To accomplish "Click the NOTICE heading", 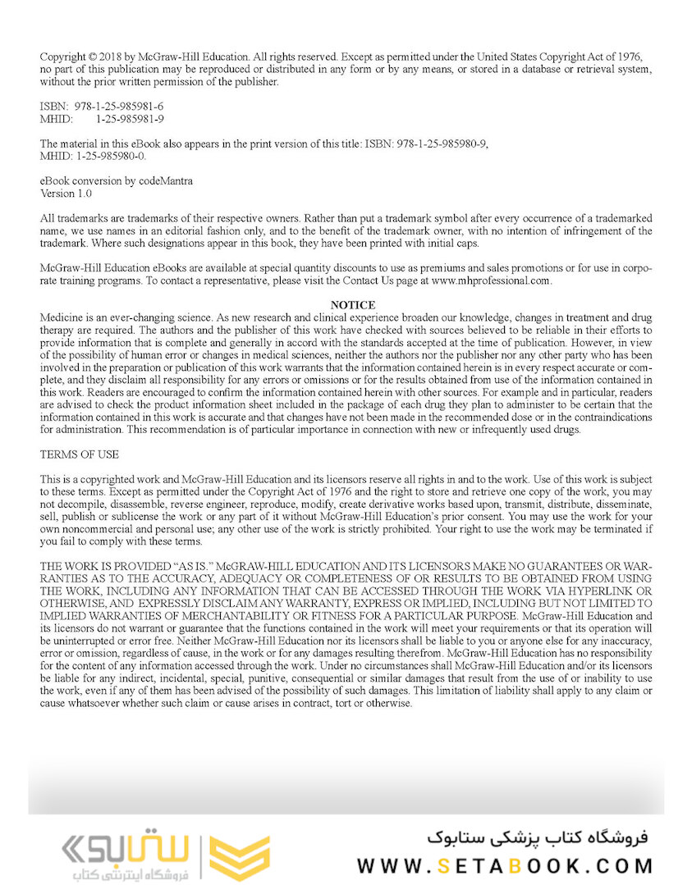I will point(352,305).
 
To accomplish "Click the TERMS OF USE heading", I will point(80,454).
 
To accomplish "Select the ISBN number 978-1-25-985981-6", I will point(119,107).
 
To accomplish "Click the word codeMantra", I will point(167,181).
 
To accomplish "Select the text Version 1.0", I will point(66,194).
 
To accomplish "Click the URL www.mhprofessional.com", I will point(490,281).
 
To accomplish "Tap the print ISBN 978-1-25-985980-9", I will point(442,144).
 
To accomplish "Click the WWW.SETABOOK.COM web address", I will point(505,865).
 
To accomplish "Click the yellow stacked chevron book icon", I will point(239,858).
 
